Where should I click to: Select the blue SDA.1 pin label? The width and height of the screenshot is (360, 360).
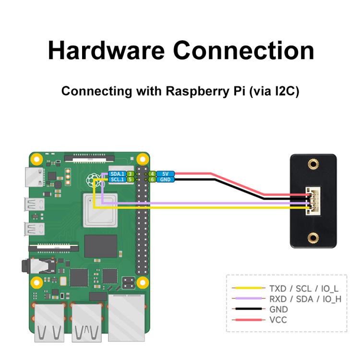[x=117, y=174]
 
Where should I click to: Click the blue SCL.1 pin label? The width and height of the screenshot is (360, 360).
[x=117, y=180]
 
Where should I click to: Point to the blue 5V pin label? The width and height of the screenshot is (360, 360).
[x=165, y=174]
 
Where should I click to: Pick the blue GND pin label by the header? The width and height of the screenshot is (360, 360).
[x=165, y=180]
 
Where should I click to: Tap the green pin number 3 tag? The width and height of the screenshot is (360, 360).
[x=130, y=174]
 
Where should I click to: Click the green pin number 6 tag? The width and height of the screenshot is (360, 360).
[x=152, y=180]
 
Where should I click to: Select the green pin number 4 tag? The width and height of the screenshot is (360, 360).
[x=152, y=174]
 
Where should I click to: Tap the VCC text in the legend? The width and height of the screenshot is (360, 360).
[x=278, y=319]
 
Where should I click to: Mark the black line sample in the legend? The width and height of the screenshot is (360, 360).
[x=248, y=309]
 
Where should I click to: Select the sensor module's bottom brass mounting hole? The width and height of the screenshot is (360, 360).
[x=313, y=237]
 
